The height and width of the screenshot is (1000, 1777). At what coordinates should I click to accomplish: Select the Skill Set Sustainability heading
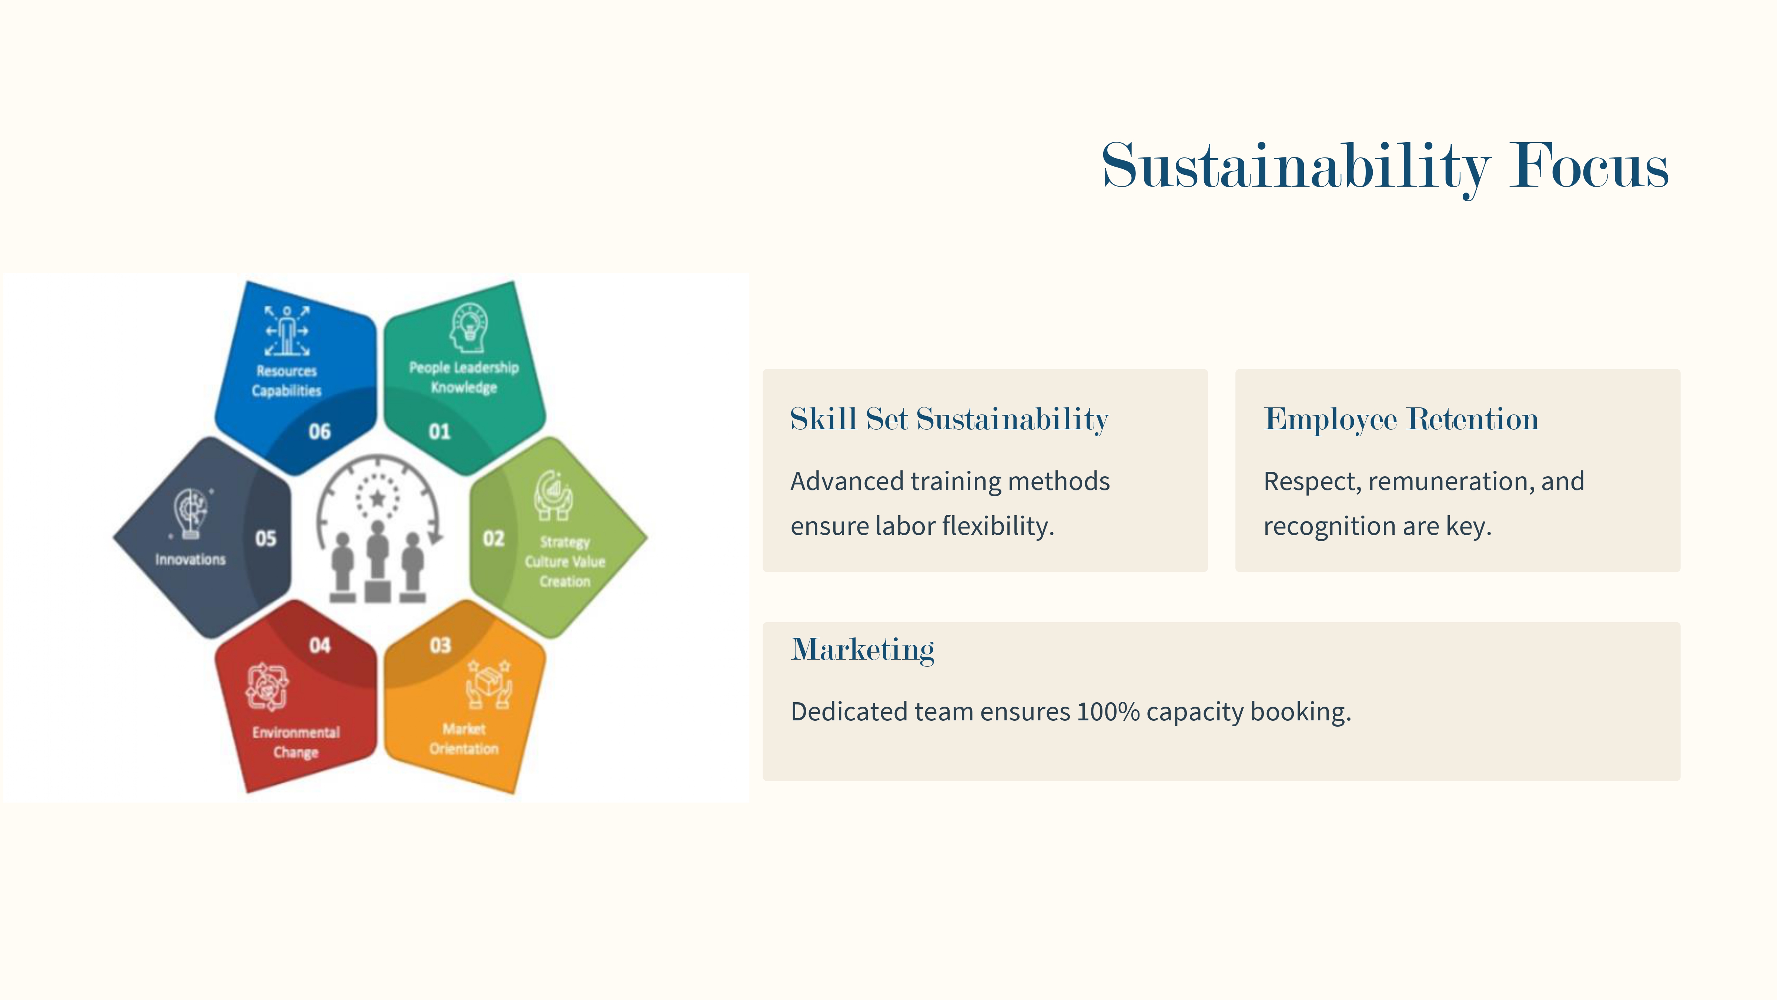pyautogui.click(x=949, y=419)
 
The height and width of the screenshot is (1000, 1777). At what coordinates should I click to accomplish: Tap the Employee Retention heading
pyautogui.click(x=1401, y=419)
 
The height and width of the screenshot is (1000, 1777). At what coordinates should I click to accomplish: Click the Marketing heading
pyautogui.click(x=862, y=649)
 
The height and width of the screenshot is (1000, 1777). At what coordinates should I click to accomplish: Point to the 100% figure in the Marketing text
pyautogui.click(x=1108, y=711)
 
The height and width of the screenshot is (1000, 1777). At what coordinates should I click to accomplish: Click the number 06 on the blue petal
pyautogui.click(x=319, y=431)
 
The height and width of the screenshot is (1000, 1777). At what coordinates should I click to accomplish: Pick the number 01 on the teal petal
pyautogui.click(x=439, y=431)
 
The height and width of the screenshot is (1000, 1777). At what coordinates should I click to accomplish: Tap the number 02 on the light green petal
pyautogui.click(x=493, y=538)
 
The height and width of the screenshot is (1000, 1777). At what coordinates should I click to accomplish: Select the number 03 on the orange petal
pyautogui.click(x=440, y=645)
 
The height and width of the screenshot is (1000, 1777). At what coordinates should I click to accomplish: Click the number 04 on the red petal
pyautogui.click(x=319, y=645)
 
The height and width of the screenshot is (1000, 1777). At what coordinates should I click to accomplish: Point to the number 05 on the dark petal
pyautogui.click(x=265, y=538)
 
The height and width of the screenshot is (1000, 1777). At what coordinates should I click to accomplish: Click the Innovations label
pyautogui.click(x=190, y=559)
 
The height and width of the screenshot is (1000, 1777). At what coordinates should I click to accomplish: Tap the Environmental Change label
pyautogui.click(x=296, y=742)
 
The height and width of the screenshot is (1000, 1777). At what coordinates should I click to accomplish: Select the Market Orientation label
pyautogui.click(x=464, y=739)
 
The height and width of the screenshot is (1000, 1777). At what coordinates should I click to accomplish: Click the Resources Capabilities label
pyautogui.click(x=286, y=380)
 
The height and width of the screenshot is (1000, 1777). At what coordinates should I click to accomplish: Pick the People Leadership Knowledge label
pyautogui.click(x=464, y=377)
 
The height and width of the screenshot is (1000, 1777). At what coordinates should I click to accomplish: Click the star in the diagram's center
pyautogui.click(x=377, y=497)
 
